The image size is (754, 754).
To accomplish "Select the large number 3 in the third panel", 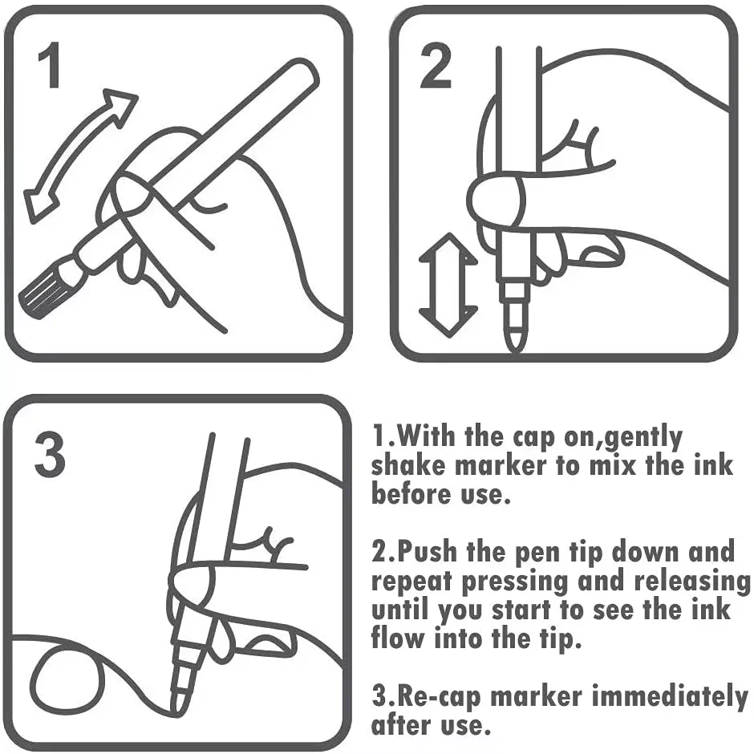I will pos(50,455).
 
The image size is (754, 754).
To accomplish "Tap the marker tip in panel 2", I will pos(514,329).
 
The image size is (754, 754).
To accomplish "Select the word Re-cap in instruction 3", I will pos(437,696).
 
